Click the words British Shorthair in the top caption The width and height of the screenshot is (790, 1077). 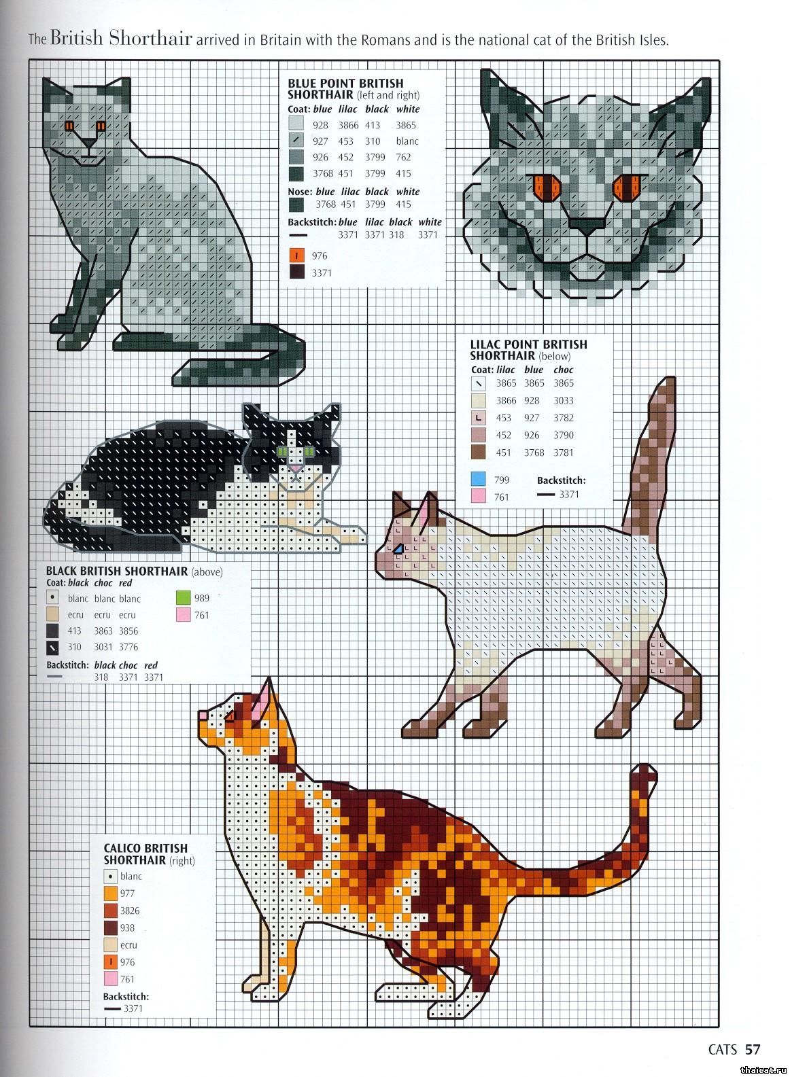(x=121, y=37)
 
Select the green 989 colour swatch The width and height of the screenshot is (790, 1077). (x=184, y=598)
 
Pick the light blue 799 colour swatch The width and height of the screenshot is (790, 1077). (x=478, y=479)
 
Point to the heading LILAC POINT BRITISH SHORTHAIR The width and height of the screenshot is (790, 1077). (x=528, y=349)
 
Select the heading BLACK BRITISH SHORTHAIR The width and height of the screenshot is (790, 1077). (x=117, y=571)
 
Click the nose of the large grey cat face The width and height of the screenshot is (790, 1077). (x=587, y=225)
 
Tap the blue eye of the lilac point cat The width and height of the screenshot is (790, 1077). (x=398, y=548)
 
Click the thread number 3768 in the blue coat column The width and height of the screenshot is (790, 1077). (x=322, y=173)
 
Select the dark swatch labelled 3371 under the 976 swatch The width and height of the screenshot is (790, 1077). (x=296, y=272)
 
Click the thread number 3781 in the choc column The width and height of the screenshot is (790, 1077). (x=563, y=453)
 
